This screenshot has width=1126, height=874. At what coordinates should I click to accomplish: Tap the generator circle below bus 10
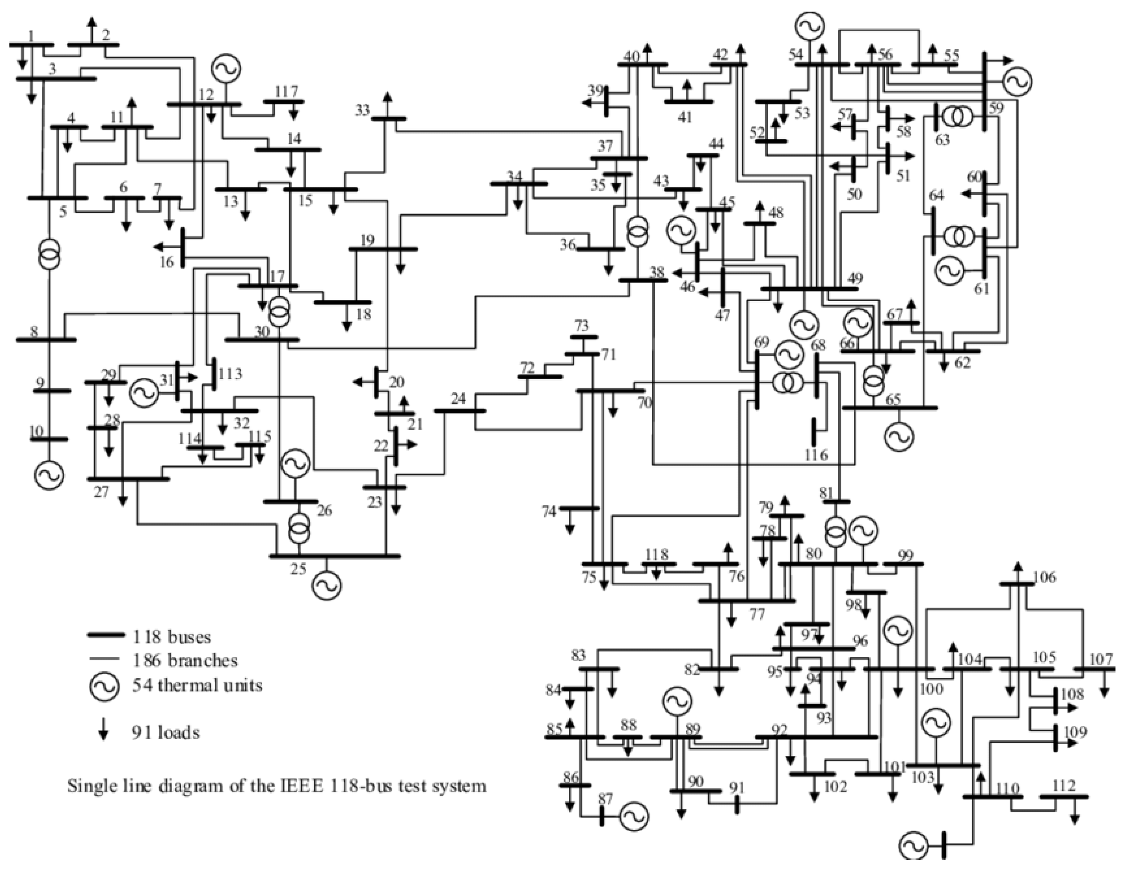[x=50, y=475]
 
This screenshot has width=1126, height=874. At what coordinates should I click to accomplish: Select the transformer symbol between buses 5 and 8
[x=50, y=253]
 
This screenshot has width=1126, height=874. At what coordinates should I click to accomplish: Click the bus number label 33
[x=363, y=110]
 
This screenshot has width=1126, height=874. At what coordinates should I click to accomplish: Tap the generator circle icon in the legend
[x=105, y=685]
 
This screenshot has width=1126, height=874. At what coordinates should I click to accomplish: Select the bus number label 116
[x=816, y=455]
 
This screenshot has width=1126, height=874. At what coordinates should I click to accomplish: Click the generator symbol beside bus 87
[x=634, y=816]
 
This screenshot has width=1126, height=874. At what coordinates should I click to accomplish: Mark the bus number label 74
[x=549, y=511]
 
